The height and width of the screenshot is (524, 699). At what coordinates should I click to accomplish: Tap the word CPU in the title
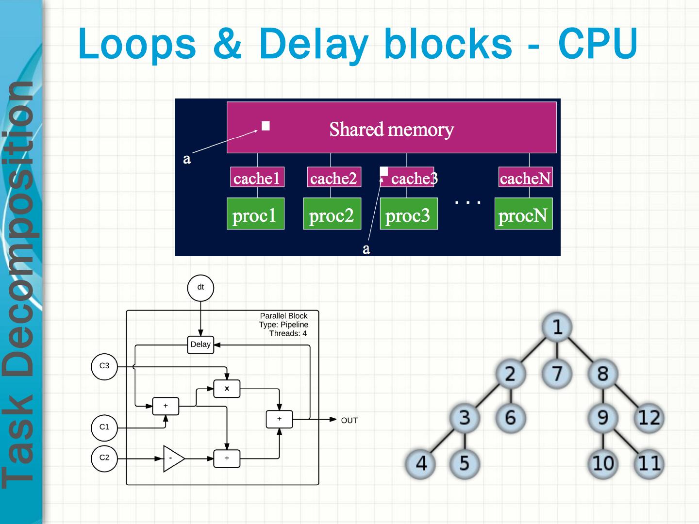(598, 44)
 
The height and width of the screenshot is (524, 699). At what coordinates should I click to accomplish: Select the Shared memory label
(391, 130)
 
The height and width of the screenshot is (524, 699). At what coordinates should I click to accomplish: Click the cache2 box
(333, 178)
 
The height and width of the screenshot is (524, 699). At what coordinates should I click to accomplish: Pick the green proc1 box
(255, 214)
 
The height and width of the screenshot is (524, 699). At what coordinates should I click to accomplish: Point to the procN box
(523, 214)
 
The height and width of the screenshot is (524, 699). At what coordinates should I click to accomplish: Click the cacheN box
(525, 178)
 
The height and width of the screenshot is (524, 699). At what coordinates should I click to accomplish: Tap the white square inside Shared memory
(266, 126)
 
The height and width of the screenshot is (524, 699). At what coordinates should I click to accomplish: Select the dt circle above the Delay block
(200, 288)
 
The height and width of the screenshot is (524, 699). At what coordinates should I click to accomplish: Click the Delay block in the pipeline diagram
(200, 344)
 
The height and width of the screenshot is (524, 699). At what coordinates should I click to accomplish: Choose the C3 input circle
(104, 366)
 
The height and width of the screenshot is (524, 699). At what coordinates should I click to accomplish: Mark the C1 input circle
(104, 427)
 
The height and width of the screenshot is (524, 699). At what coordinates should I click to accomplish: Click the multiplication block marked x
(227, 389)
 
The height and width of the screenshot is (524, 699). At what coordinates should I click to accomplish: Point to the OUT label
(349, 421)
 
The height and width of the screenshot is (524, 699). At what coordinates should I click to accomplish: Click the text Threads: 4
(288, 334)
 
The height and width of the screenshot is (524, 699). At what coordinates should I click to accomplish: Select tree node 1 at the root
(557, 327)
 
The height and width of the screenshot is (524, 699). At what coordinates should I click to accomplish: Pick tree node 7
(557, 374)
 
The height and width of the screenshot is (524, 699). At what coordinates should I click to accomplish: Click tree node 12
(649, 418)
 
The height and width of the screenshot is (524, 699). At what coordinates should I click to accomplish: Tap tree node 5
(465, 463)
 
